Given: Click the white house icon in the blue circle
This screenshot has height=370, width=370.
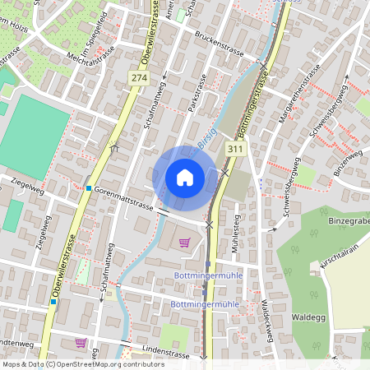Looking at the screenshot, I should pyautogui.click(x=184, y=177).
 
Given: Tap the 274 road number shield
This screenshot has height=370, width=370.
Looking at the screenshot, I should pyautogui.click(x=139, y=76).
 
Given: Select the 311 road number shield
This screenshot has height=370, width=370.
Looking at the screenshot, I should pyautogui.click(x=236, y=149).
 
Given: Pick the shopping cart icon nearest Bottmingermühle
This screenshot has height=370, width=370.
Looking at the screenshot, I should pyautogui.click(x=184, y=242).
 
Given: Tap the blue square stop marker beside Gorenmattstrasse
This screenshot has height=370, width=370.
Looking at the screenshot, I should pyautogui.click(x=89, y=188).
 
